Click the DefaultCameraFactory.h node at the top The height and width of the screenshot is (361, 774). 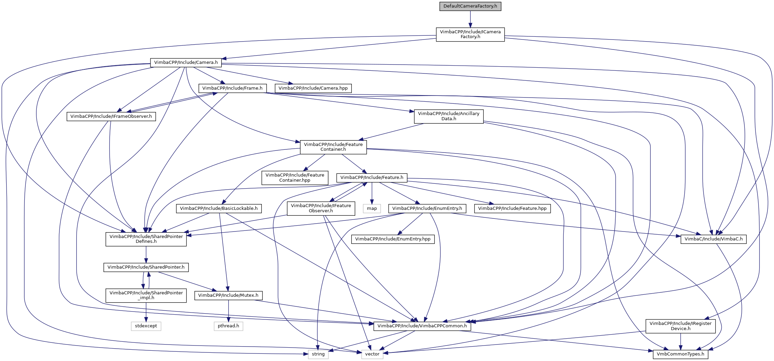470,6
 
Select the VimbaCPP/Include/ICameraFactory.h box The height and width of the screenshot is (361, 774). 470,34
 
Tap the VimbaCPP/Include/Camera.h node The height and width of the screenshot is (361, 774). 186,63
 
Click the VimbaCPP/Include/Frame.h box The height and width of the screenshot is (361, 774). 232,88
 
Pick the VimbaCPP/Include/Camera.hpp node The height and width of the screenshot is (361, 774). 313,88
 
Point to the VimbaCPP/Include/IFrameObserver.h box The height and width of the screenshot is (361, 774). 111,116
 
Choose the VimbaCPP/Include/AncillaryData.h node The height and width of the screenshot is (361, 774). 448,116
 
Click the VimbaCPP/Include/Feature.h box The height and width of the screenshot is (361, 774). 372,178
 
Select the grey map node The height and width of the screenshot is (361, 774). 372,208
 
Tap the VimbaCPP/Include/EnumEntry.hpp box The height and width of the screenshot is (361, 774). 393,239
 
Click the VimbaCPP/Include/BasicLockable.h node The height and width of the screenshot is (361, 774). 219,208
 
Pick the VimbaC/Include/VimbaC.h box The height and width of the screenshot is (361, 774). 713,239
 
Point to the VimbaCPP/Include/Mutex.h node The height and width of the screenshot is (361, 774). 228,295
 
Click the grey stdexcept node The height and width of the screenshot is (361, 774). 146,326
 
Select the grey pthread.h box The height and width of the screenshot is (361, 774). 228,326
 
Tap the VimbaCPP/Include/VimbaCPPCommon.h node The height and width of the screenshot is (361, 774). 422,326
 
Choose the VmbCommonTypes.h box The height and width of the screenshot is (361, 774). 680,354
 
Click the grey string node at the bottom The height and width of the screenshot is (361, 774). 318,354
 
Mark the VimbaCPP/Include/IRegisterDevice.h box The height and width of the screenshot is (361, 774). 680,326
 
